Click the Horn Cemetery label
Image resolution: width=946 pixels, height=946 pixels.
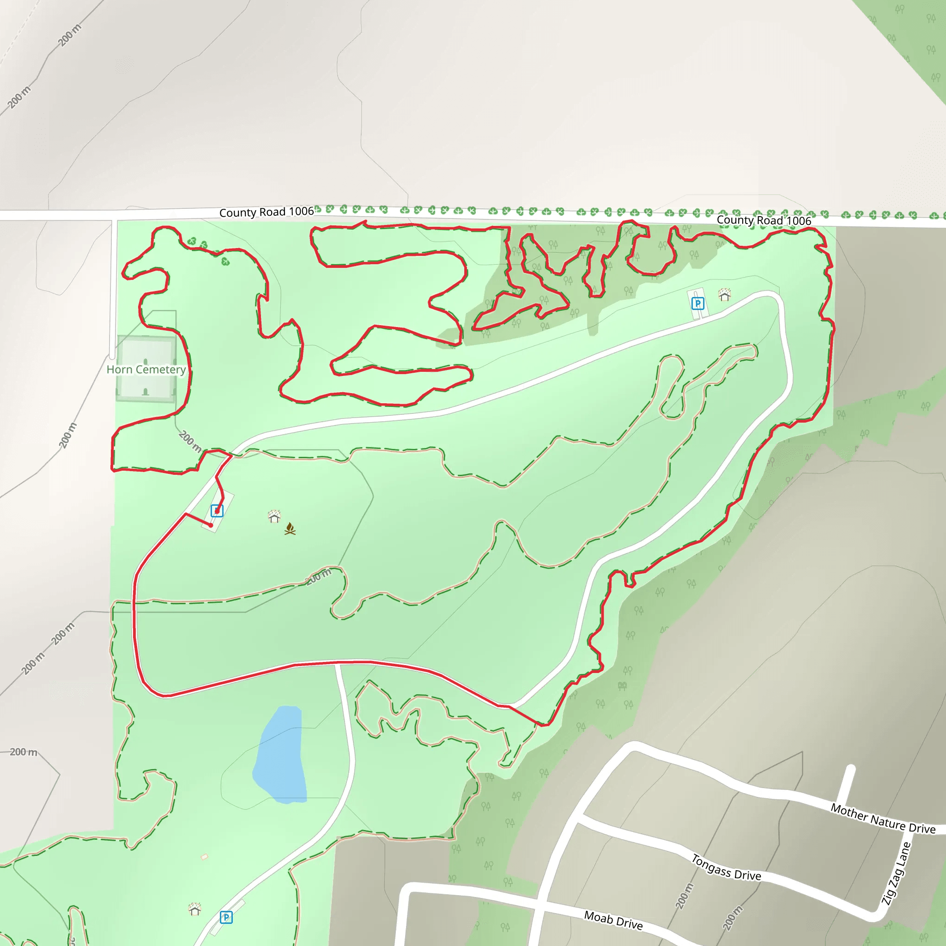[146, 370]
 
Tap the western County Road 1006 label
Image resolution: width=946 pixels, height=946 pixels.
[267, 212]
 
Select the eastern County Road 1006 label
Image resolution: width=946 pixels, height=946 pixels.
[764, 220]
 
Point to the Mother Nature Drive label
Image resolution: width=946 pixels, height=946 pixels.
[883, 818]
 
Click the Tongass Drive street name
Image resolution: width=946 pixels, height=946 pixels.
[726, 867]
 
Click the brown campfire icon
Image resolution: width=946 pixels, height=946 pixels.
[290, 528]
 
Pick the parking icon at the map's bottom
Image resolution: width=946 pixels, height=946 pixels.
[226, 917]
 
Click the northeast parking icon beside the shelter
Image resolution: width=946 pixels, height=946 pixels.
[698, 303]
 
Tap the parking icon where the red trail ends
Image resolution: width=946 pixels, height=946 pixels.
[217, 511]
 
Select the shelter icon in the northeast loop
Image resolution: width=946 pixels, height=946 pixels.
[725, 294]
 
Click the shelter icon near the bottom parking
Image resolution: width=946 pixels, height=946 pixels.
[195, 909]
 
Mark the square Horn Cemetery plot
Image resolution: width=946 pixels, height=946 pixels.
[146, 368]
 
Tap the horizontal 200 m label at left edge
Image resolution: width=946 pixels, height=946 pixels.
[24, 752]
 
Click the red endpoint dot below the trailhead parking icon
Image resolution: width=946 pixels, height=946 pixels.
[211, 525]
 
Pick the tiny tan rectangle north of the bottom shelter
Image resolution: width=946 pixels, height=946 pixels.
[205, 857]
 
